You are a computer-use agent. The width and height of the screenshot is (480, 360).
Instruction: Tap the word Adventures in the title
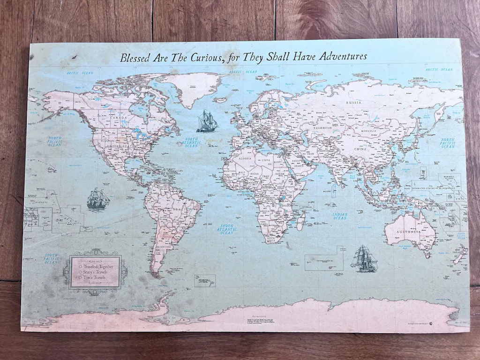pos(343,56)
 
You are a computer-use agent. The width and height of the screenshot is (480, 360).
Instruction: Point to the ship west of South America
pos(98,199)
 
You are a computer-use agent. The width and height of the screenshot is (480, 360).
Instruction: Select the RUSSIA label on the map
pos(353,102)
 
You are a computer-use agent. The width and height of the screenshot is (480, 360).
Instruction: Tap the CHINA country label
pos(360,149)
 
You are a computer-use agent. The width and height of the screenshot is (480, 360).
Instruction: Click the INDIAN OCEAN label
pos(340,216)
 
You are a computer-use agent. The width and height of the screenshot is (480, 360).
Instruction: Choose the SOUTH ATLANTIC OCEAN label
pos(226,229)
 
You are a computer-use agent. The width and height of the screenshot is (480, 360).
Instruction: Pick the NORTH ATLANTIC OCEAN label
pos(191,142)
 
